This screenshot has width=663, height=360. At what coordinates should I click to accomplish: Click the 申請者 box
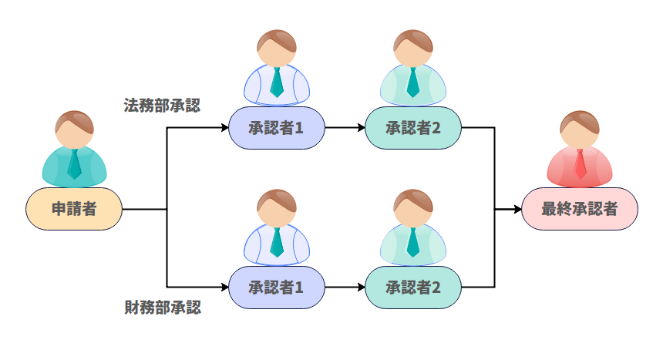pos(74,208)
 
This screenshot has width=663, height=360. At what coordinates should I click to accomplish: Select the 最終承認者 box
pos(580,208)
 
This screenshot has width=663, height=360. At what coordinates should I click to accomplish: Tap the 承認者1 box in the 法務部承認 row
pos(277,127)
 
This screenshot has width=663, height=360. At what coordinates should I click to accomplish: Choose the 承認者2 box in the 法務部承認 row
pos(413,127)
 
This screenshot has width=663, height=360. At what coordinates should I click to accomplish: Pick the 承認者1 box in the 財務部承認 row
pos(277,288)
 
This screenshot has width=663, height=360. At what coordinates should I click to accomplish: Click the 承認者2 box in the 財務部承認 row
pos(413,288)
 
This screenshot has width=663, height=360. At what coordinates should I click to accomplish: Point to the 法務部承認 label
pos(162,105)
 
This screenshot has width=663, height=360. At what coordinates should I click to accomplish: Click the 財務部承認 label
pos(162,308)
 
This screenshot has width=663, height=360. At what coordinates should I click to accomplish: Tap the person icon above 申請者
pos(74,150)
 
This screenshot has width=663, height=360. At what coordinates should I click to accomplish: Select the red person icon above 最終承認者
pos(580,150)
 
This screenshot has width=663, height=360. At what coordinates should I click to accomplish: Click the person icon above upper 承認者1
pos(277,69)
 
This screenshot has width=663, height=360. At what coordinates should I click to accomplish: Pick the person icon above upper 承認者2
pos(413,69)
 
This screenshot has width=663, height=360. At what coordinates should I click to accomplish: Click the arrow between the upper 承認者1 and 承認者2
pos(345,127)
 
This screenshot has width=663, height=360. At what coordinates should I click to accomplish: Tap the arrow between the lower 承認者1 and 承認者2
pos(345,288)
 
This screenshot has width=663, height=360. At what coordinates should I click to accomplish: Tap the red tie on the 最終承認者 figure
pos(580,163)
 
